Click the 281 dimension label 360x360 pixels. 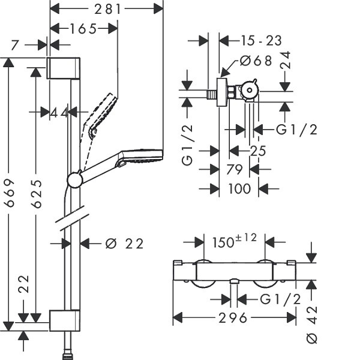(x=107, y=10)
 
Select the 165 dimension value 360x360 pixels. (x=83, y=29)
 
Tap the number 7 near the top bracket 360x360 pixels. (x=14, y=45)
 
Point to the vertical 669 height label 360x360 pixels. (x=10, y=193)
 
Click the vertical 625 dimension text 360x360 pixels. (x=37, y=194)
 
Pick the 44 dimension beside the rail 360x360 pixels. (x=59, y=113)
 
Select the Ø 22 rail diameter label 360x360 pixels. (x=124, y=244)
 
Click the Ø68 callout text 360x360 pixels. (x=256, y=61)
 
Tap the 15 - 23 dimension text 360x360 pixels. (x=261, y=41)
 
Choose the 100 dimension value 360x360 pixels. (x=239, y=189)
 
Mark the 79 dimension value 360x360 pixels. (x=235, y=169)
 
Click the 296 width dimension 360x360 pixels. (x=233, y=318)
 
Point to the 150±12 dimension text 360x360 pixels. (x=235, y=241)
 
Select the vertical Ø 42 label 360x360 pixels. (x=312, y=325)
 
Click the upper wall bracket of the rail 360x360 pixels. (x=64, y=68)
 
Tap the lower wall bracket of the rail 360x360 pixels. (x=65, y=320)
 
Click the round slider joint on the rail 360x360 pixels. (x=74, y=179)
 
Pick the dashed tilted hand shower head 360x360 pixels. (x=100, y=115)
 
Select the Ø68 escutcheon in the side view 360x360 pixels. (x=222, y=92)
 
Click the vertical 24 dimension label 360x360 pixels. (x=286, y=60)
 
